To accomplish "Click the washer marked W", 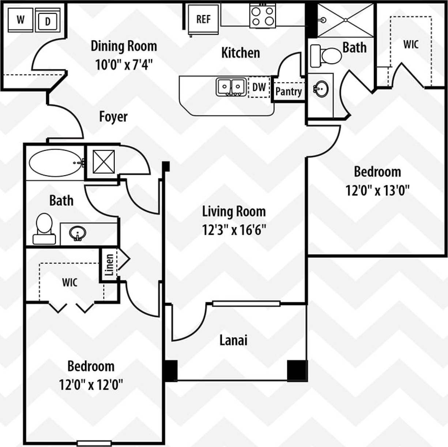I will [20, 20].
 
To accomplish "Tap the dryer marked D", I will [48, 21].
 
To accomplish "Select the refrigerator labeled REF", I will [203, 19].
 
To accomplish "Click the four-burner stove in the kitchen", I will [263, 16].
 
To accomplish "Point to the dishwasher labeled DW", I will [259, 87].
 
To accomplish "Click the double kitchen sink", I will [231, 87].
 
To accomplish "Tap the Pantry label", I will [289, 91].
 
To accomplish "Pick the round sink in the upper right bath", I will [321, 89].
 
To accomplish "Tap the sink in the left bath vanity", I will [78, 233].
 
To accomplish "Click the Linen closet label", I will [109, 265].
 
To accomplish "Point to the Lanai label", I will [233, 340].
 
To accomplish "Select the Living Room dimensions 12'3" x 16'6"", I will [234, 230].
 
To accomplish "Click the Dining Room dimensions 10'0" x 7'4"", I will [124, 65].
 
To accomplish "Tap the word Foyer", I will [113, 117].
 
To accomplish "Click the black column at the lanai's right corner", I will [297, 370].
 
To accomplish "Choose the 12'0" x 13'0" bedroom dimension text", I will [377, 190].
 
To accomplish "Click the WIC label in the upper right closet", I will [411, 45].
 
